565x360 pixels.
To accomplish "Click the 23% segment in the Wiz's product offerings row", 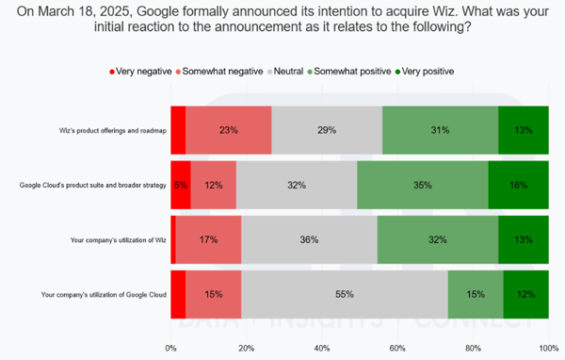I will (x=228, y=130).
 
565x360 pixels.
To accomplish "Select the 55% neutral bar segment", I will (x=344, y=295).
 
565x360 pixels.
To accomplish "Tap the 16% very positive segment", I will (x=518, y=185).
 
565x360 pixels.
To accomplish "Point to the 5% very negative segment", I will (x=181, y=185).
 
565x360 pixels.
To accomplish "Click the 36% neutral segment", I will (x=308, y=240).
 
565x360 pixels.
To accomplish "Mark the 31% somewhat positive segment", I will (x=440, y=130).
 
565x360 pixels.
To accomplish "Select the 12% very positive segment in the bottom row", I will (x=525, y=295).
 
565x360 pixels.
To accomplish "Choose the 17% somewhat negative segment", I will (x=208, y=240).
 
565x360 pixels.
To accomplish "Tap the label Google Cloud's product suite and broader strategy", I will (x=92, y=185).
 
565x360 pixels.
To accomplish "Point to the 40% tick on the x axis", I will (x=322, y=349).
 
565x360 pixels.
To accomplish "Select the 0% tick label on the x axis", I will (x=170, y=349).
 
